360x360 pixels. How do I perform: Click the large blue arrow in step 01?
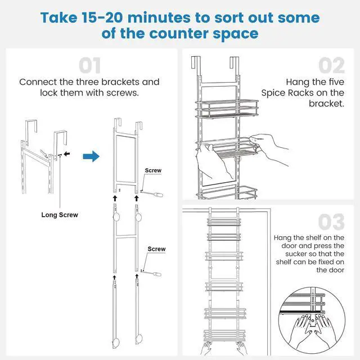tap(91, 156)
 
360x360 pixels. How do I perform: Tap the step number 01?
tap(89, 66)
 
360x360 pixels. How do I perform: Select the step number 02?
tap(331, 65)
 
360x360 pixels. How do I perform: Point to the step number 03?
tap(331, 222)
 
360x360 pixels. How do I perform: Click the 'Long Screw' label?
tap(60, 215)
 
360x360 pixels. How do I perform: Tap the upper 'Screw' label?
tap(153, 170)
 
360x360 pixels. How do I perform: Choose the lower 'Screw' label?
tap(156, 249)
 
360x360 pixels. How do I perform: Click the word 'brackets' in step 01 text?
tap(120, 82)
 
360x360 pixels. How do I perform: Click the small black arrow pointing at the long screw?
tap(67, 154)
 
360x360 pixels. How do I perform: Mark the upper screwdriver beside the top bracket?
tap(152, 193)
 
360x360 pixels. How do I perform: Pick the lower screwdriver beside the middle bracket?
tap(151, 273)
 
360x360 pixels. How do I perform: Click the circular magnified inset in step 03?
tap(312, 320)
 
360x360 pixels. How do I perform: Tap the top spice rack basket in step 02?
tap(227, 109)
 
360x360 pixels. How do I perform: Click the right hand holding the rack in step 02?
tap(269, 148)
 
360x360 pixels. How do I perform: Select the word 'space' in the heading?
tap(236, 34)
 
